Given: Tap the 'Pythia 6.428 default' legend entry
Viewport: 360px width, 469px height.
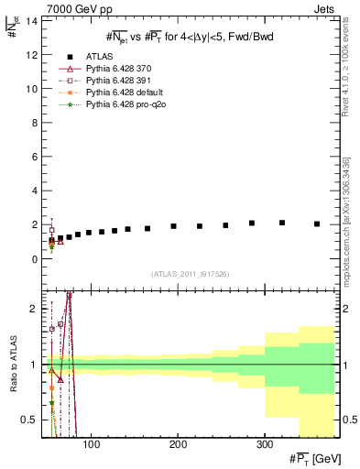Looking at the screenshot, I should click(x=124, y=93).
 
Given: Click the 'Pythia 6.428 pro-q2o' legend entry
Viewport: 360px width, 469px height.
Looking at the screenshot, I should click(x=125, y=105).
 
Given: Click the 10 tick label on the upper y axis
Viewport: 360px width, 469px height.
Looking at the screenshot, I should click(x=33, y=89).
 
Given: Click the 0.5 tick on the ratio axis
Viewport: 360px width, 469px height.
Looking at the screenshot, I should click(x=31, y=420).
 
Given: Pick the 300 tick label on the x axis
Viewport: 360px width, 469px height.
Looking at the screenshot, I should click(x=264, y=444).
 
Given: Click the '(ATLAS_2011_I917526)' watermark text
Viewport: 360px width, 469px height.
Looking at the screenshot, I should click(x=190, y=274).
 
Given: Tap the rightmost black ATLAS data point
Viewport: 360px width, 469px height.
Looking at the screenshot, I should click(x=317, y=224).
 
